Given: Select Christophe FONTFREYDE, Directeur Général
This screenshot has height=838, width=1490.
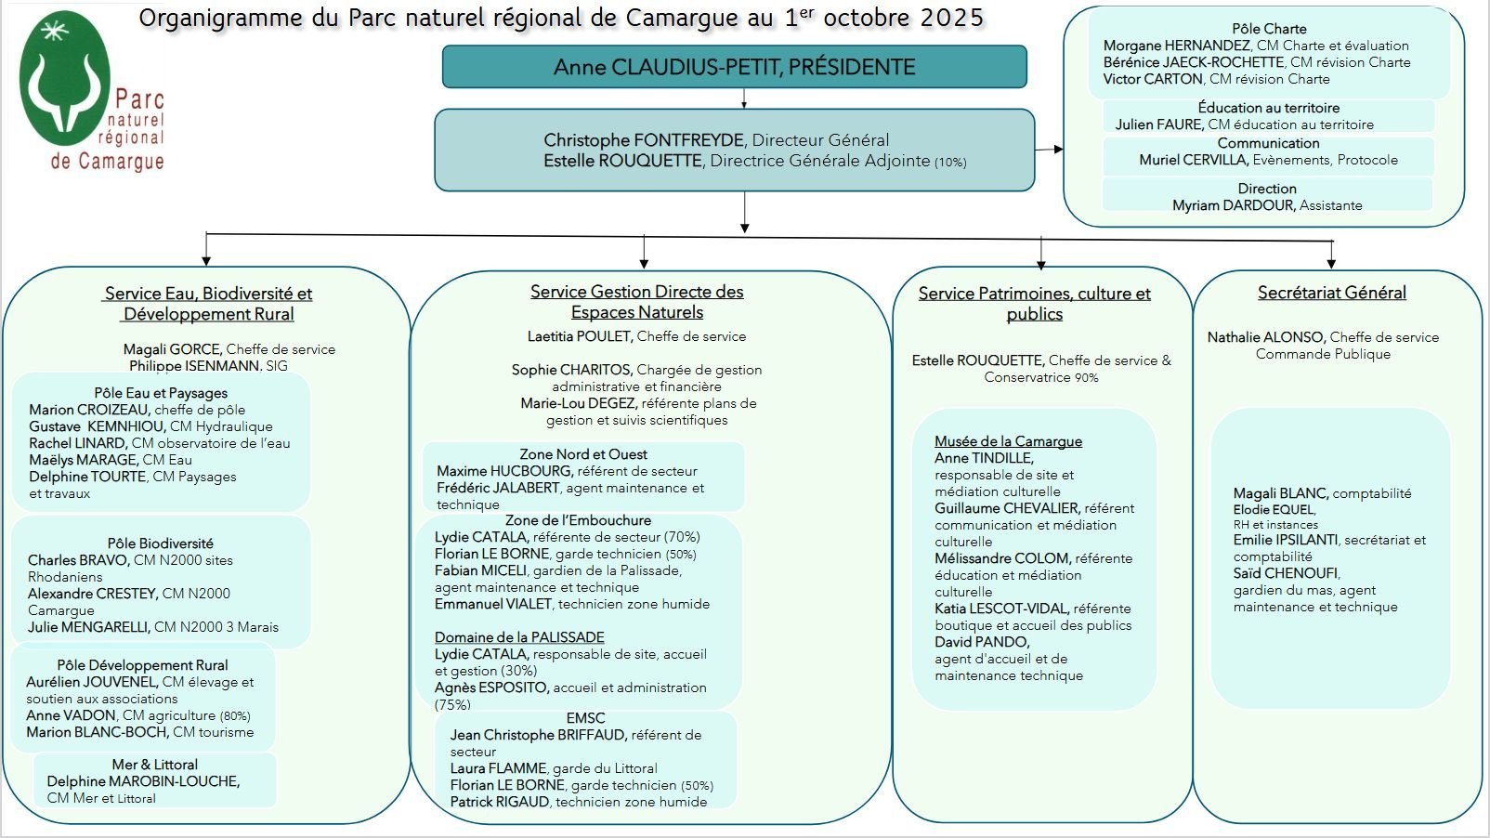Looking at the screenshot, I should (x=716, y=140).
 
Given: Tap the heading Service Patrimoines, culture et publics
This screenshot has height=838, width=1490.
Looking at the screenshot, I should (x=1034, y=304).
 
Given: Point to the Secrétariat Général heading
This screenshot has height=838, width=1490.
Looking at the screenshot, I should (x=1331, y=293).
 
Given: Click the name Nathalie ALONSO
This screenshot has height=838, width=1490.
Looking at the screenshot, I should (x=1266, y=337).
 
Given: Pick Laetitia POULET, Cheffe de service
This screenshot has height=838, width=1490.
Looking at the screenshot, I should (x=636, y=336).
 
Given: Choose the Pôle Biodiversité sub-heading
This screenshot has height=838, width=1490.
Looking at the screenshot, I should (x=160, y=543).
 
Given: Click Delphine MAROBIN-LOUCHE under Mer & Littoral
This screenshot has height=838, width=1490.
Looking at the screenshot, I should (x=143, y=781).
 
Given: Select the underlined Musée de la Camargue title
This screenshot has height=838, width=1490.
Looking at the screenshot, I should (x=1008, y=441).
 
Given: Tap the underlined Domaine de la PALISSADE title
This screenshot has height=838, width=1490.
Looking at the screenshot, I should (x=519, y=637).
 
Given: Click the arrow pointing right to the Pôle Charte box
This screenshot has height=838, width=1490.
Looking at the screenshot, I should (x=1051, y=149).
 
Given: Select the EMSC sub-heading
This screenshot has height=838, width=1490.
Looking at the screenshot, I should (x=585, y=718).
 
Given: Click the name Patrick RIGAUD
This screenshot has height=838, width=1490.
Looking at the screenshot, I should (x=500, y=802).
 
